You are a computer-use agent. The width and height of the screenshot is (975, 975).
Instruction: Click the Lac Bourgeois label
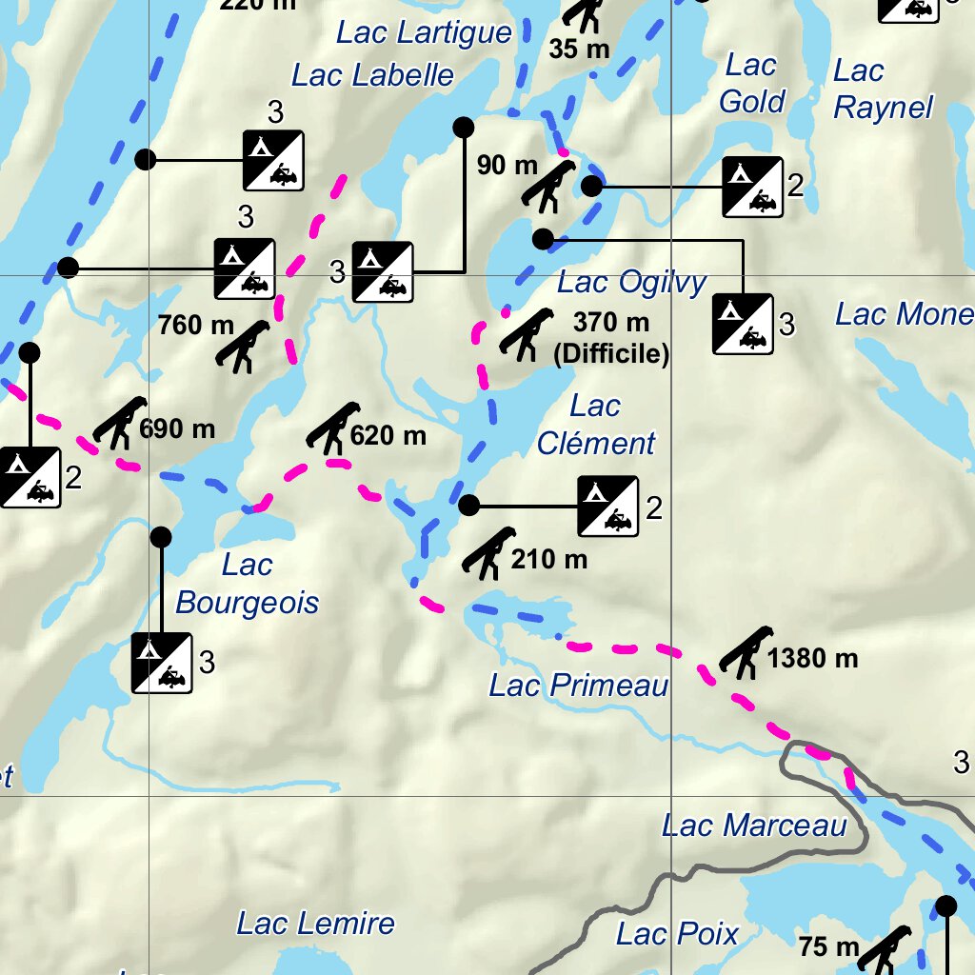248,584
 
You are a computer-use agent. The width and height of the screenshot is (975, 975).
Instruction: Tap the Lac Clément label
596,425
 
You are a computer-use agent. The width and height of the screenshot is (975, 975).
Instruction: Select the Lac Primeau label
579,685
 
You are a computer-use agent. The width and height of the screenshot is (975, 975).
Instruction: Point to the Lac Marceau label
754,826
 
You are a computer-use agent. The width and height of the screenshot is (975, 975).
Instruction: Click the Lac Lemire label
315,923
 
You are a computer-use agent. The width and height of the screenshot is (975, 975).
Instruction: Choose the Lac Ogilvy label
632,283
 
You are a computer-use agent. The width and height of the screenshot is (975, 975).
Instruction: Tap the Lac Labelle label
372,75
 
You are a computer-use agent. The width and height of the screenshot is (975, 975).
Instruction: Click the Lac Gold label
751,83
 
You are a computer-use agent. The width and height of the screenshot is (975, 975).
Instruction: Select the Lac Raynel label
882,89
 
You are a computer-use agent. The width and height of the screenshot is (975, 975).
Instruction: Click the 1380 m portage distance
812,658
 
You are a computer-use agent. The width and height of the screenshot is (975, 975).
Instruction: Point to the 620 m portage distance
388,436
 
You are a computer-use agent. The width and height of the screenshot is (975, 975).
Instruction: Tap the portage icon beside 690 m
119,423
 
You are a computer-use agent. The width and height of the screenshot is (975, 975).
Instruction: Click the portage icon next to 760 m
244,346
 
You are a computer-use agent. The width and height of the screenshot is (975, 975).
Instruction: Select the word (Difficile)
611,354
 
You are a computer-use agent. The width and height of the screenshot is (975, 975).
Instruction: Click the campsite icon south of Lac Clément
607,507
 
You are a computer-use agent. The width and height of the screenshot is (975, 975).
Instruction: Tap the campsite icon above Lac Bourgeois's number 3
162,663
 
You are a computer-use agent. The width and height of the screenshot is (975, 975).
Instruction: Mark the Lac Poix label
677,934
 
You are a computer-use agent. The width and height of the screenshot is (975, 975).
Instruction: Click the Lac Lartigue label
424,33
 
